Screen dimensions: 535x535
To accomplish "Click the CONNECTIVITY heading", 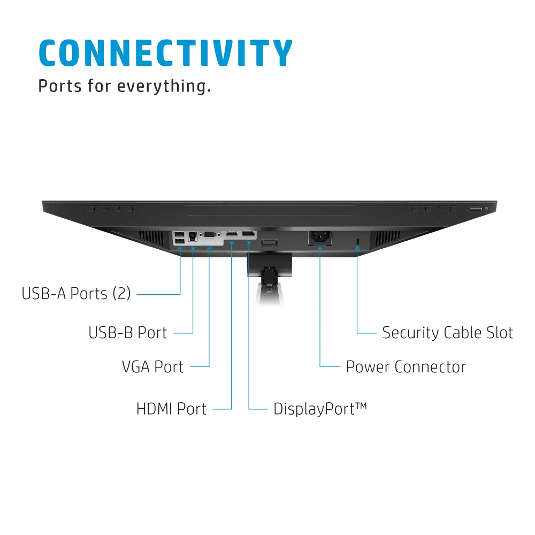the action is click(x=166, y=52).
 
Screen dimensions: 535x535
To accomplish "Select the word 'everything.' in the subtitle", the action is click(x=164, y=86).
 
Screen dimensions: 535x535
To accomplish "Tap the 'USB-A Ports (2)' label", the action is click(x=76, y=293).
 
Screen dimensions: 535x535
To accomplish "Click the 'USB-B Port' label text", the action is click(x=128, y=333).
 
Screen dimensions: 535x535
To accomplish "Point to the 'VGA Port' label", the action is click(x=152, y=367).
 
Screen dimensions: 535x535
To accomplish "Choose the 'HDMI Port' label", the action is click(x=171, y=409).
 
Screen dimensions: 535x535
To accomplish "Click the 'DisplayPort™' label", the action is click(x=320, y=409).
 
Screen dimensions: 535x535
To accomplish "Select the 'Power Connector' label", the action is click(x=406, y=367).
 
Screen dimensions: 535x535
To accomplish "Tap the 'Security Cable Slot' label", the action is click(x=448, y=333).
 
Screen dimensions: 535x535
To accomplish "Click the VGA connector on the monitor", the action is click(x=210, y=235).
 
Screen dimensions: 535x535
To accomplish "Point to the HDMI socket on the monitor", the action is click(x=232, y=234).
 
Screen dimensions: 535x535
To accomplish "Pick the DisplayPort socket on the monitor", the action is click(x=249, y=234).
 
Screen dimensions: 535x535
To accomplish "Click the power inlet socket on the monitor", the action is click(x=320, y=236).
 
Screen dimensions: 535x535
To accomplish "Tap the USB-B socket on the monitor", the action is click(x=193, y=236).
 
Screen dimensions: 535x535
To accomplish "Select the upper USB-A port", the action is click(x=179, y=234).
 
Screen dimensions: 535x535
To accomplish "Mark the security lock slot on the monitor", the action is click(x=357, y=241).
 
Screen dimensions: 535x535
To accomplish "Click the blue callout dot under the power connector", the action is click(x=320, y=248).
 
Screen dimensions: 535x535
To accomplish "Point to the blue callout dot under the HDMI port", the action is click(x=231, y=243).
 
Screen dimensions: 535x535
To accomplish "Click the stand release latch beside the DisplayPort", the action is click(x=269, y=242).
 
